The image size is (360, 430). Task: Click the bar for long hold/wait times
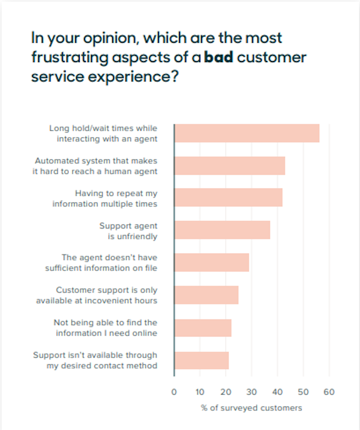(x=247, y=133)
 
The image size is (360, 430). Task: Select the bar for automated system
(x=230, y=166)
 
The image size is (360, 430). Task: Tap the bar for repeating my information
(x=228, y=197)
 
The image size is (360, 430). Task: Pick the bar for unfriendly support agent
(x=222, y=230)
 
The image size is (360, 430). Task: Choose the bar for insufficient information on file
(x=212, y=262)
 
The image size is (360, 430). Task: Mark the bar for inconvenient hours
(x=206, y=295)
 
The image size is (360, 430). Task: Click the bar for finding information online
(x=203, y=328)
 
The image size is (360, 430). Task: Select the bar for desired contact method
(x=202, y=360)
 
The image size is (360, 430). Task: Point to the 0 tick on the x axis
(x=174, y=392)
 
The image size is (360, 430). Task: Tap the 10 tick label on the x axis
(x=200, y=392)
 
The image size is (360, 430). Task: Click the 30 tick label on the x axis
(x=251, y=392)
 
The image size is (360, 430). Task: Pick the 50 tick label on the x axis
(x=303, y=392)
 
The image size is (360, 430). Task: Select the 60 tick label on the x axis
(x=329, y=392)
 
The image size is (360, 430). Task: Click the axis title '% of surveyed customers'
(x=251, y=408)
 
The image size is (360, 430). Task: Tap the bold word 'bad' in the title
(x=218, y=57)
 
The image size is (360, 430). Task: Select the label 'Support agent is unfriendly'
(x=128, y=231)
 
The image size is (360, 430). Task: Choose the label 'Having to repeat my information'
(x=105, y=198)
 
